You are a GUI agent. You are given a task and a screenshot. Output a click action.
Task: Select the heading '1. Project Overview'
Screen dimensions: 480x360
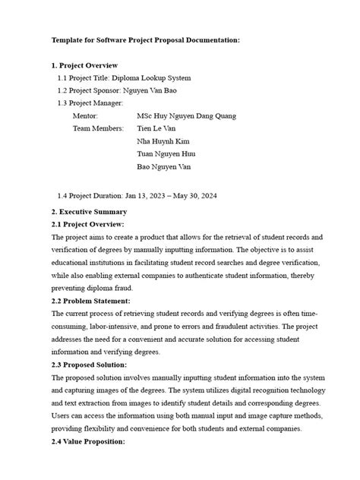(87, 65)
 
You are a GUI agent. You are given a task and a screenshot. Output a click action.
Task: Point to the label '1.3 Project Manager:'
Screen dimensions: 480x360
(90, 103)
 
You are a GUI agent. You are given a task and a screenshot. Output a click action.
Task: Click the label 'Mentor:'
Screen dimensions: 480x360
(85, 115)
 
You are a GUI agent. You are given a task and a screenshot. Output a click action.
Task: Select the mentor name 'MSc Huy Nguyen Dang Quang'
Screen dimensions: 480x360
(186, 115)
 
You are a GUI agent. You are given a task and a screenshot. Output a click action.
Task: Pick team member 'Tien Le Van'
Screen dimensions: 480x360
(156, 128)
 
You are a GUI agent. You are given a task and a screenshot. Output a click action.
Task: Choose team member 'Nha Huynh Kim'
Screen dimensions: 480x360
(163, 141)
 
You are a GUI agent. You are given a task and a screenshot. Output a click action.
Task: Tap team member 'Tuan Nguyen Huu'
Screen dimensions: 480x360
(165, 153)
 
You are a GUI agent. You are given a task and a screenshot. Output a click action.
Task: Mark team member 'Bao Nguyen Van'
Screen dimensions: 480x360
(163, 166)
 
